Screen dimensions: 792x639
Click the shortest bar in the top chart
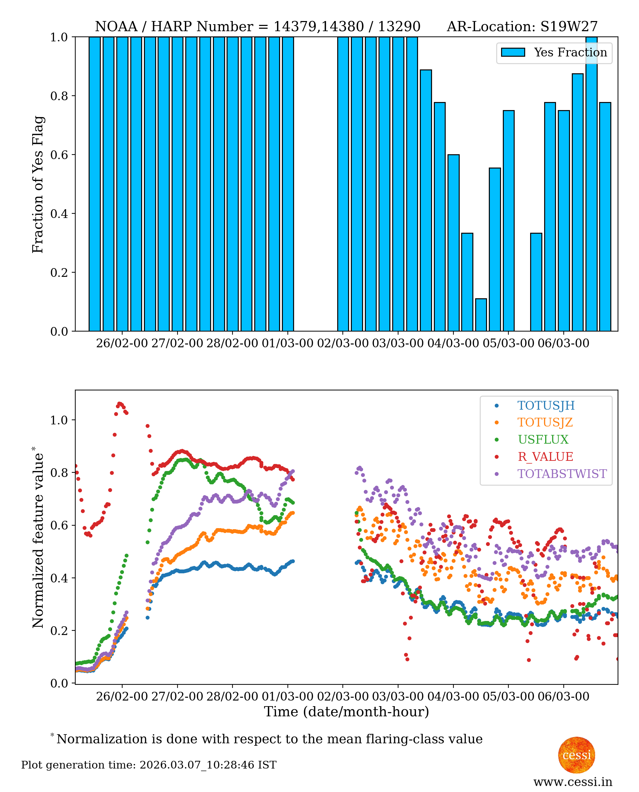pos(481,315)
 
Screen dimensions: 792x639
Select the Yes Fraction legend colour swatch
pos(513,52)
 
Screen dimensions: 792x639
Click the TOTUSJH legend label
pos(546,405)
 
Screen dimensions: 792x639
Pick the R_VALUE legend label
pos(545,457)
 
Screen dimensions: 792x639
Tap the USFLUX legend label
pos(543,439)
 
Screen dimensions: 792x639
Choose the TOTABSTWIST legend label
pos(562,474)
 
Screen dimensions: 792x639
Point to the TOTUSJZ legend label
pos(545,423)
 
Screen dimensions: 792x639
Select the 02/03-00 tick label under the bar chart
pos(343,343)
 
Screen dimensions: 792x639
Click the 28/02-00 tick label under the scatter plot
pos(232,697)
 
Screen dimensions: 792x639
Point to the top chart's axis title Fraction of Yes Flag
pos(38,184)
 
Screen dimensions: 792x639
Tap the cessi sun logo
pos(576,755)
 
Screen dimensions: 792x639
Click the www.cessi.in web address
pos(573,782)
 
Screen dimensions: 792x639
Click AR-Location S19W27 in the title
pos(522,27)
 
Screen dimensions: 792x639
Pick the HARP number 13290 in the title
pos(399,27)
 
